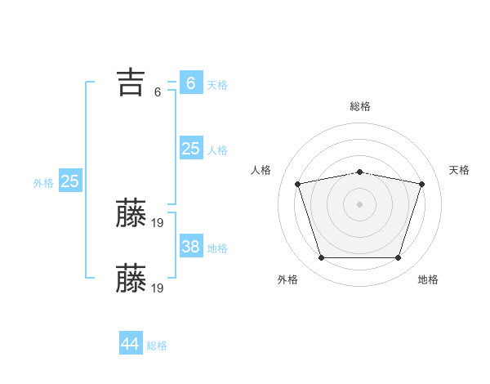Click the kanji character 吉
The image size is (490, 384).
pos(130,83)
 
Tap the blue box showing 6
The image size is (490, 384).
pos(191,83)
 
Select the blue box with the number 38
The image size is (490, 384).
pos(191,247)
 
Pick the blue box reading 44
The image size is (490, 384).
pos(131,344)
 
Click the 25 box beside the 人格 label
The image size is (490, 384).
pos(191,149)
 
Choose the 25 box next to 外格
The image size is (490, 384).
pos(69,181)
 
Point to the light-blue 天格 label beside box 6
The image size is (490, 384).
pos(217,85)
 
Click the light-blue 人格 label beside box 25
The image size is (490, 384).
pos(217,150)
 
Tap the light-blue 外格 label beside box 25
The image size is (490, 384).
pos(43,183)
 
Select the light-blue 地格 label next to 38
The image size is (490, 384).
pos(217,248)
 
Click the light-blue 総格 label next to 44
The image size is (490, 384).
pos(157,346)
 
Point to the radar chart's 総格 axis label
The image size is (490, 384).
pos(360,106)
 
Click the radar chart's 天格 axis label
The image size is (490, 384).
pos(459,170)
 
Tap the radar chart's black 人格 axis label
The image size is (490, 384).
pos(261,170)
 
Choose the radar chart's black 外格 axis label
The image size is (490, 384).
pos(287,279)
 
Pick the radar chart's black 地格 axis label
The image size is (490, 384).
pos(428,279)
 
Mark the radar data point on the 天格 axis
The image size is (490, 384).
pos(422,184)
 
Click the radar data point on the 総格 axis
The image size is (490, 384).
pos(360,172)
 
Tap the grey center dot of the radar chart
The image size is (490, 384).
pos(360,203)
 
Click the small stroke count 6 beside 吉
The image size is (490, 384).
pos(158,92)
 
